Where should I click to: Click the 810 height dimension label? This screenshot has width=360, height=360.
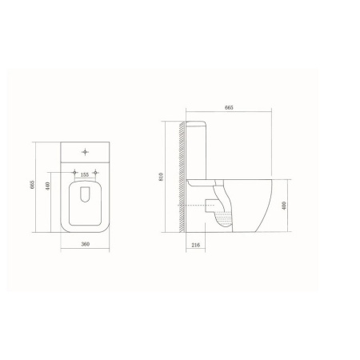click(161, 177)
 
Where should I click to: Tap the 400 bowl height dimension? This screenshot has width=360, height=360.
click(284, 205)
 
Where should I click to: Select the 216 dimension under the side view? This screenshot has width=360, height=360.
click(196, 245)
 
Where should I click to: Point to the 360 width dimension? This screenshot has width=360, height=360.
click(86, 244)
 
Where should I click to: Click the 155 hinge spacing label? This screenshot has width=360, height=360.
click(84, 174)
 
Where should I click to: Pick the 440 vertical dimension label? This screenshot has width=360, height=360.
click(48, 186)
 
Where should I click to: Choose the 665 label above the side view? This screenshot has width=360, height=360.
click(229, 107)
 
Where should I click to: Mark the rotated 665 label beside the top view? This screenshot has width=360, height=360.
click(32, 185)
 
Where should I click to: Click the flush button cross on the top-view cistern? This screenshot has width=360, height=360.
click(85, 152)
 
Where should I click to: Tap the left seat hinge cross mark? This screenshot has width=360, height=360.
click(75, 172)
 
